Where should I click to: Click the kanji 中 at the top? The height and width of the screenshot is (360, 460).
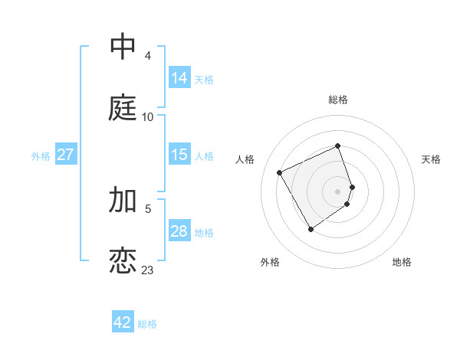pos(123,47)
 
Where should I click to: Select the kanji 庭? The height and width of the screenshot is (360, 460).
pos(123,109)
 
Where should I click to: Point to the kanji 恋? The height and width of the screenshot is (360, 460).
pos(123,261)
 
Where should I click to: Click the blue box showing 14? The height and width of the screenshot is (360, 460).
pos(179,78)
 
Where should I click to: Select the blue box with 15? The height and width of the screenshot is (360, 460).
pos(179,155)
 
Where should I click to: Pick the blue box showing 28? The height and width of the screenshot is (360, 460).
pos(179,231)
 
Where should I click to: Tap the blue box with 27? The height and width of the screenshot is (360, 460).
pos(65,155)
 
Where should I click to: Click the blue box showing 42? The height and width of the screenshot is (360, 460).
pos(123,322)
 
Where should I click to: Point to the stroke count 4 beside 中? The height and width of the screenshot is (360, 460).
pos(147,56)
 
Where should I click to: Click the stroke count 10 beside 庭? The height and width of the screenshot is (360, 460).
pos(147,117)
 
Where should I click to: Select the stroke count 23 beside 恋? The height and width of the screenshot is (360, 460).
pos(147,270)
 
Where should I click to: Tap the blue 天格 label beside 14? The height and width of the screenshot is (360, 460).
pos(204,79)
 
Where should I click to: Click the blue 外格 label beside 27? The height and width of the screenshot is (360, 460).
pos(41,155)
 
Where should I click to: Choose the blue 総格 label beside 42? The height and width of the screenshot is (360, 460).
pos(147,323)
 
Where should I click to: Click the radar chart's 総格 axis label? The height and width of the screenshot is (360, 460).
pos(338,100)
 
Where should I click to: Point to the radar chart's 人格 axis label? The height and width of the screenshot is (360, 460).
pos(245,159)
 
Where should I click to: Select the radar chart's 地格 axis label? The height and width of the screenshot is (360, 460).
pos(402,262)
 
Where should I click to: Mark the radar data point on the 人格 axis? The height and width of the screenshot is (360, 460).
pos(280,172)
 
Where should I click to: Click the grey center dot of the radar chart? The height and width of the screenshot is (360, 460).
pos(338,191)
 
